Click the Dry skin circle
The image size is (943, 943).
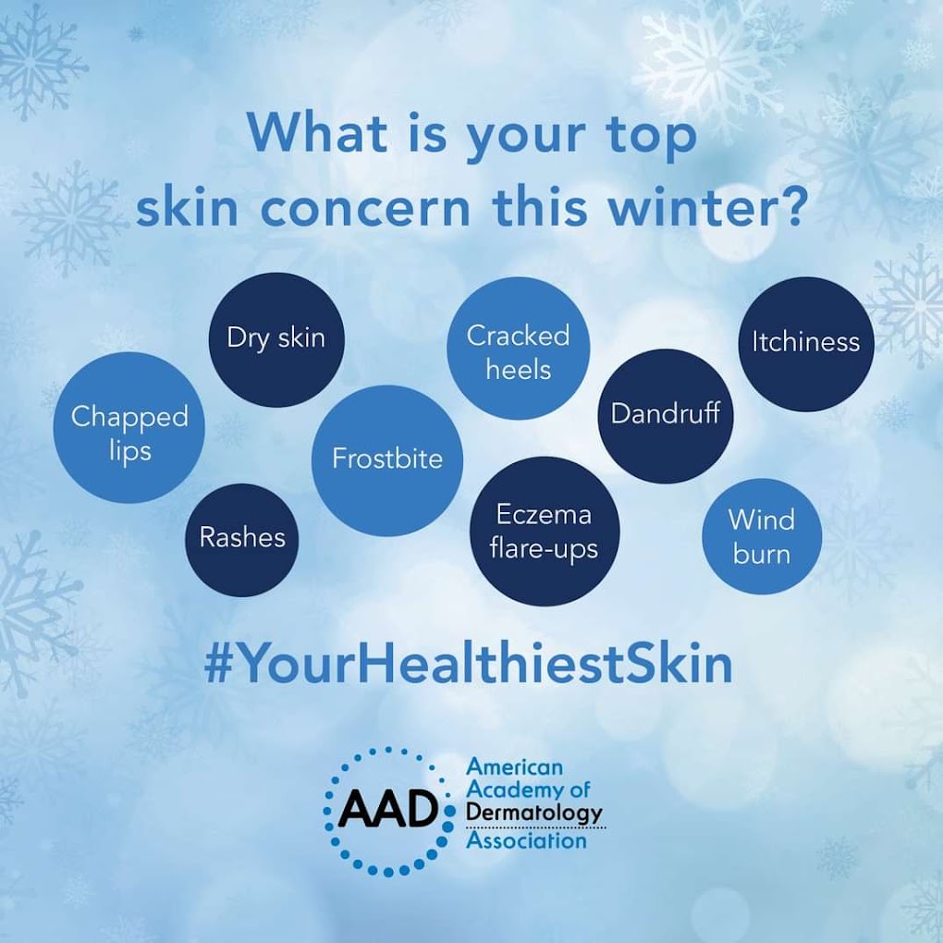point(276,340)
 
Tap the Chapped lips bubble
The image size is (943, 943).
point(129,428)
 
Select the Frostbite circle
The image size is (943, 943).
point(387,460)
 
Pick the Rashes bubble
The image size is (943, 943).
point(242,540)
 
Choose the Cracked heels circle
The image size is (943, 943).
point(519,349)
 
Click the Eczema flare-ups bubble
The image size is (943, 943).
point(545,531)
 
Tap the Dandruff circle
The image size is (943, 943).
point(666,416)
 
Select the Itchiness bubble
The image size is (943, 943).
point(806,344)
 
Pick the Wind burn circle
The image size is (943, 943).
point(762,536)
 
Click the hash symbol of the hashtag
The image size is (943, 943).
point(217,665)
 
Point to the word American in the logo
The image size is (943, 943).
point(515,766)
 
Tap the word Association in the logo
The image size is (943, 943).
point(526,840)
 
